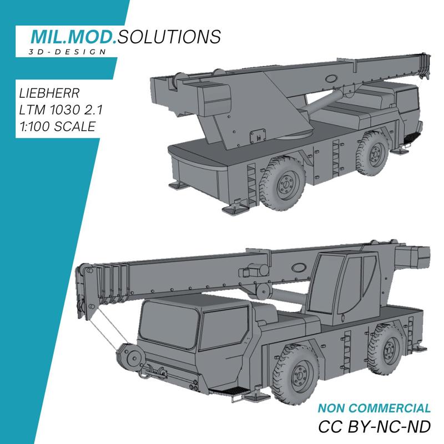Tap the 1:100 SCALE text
[57, 126]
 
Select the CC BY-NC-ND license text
[374, 428]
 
